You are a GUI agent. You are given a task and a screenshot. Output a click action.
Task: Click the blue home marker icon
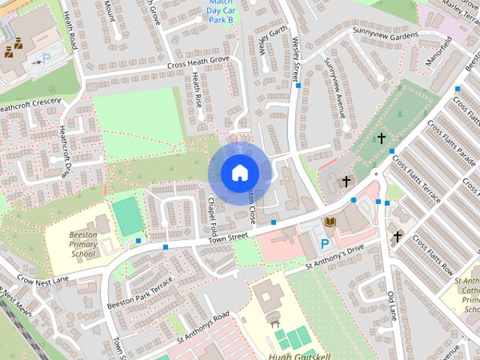[239, 173]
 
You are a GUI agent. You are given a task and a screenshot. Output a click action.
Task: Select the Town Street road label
[227, 237]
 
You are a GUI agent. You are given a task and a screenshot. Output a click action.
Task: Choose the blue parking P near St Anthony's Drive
[325, 244]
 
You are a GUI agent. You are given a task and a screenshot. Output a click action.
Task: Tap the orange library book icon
[330, 222]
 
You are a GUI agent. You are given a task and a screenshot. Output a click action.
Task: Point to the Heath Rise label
[197, 88]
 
